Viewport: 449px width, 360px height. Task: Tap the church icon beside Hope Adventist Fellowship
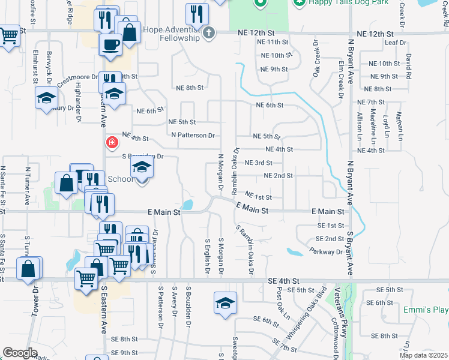(208, 32)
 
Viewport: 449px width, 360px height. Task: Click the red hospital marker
(112, 143)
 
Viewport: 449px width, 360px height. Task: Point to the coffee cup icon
(110, 44)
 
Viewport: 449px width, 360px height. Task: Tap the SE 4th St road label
(284, 281)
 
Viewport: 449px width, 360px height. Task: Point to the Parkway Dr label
(326, 251)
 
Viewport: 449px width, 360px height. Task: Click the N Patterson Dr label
(193, 135)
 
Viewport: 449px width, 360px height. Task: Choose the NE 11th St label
(273, 42)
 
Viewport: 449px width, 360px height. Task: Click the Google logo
(20, 353)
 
